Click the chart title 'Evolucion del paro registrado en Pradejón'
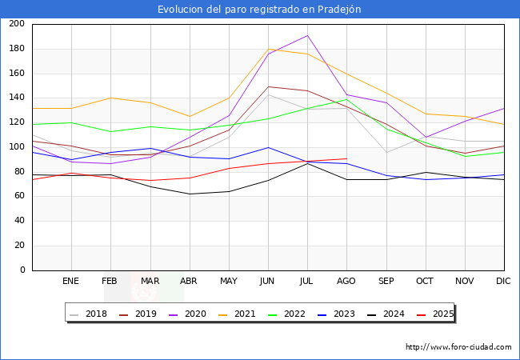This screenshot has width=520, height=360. pyautogui.click(x=259, y=10)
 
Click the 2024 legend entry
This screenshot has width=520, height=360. pyautogui.click(x=391, y=314)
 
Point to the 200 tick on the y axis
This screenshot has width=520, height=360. pyautogui.click(x=17, y=24)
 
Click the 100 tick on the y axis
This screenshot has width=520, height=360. pyautogui.click(x=17, y=147)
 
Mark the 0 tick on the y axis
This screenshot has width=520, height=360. pyautogui.click(x=22, y=270)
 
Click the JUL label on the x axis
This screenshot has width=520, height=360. pyautogui.click(x=307, y=281)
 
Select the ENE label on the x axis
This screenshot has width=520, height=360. pyautogui.click(x=71, y=281)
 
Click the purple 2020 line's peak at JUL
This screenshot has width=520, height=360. pyautogui.click(x=307, y=35)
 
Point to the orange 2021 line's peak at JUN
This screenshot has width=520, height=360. pyautogui.click(x=268, y=49)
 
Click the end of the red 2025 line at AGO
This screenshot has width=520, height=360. pyautogui.click(x=346, y=159)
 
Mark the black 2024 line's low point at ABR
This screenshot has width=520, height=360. pyautogui.click(x=190, y=194)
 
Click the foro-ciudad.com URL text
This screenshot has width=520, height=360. pyautogui.click(x=458, y=347)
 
